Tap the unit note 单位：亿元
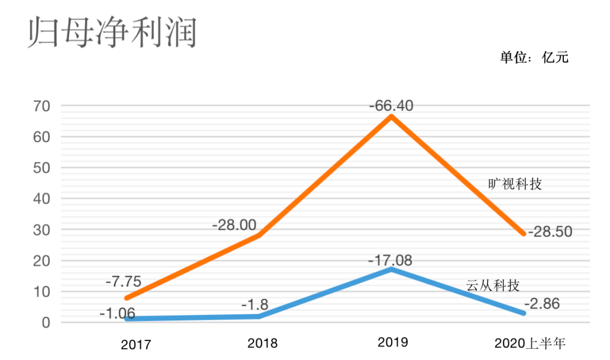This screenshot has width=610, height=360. [534, 57]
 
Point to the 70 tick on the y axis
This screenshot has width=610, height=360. [42, 107]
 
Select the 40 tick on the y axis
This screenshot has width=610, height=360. [42, 199]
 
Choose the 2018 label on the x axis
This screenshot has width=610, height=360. [263, 343]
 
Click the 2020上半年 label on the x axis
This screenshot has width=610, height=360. [530, 343]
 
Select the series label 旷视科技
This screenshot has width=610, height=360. [515, 184]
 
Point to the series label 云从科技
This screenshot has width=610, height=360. [493, 286]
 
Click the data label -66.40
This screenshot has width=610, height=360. [391, 106]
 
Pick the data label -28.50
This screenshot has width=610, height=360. [550, 232]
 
